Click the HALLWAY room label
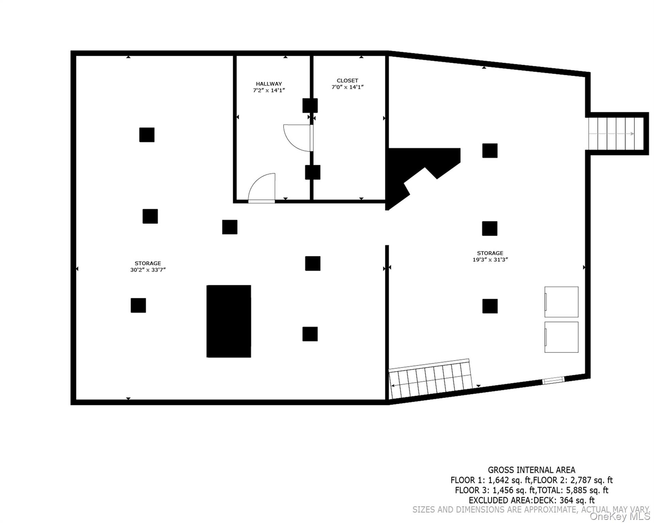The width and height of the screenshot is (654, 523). [x=269, y=84]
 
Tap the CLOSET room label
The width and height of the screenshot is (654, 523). [x=347, y=81]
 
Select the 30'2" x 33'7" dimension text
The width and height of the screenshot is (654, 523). [x=148, y=270]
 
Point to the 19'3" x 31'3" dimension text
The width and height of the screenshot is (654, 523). [x=490, y=259]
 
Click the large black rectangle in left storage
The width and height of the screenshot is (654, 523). [x=229, y=321]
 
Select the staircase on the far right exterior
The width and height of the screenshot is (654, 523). [x=616, y=133]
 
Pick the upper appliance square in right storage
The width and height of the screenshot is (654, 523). [x=561, y=302]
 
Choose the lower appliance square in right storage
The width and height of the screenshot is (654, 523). [x=561, y=337]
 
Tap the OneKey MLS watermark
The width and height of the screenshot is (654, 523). [x=619, y=517]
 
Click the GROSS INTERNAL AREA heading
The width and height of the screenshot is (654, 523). [x=531, y=470]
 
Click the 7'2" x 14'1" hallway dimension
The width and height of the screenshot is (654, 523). [x=269, y=90]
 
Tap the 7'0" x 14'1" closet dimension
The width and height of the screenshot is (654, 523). [x=348, y=87]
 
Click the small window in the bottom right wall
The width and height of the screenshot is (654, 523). [x=553, y=380]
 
